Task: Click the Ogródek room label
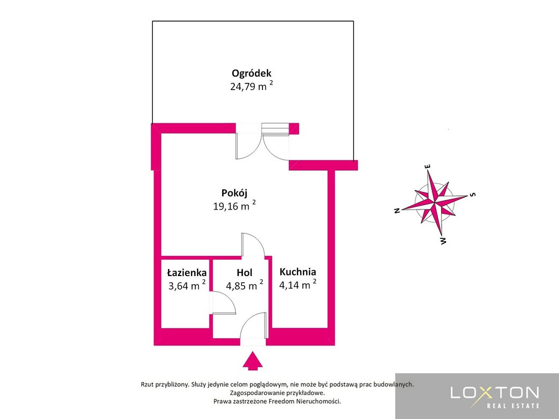251,74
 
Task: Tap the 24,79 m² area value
252,86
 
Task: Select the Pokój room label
234,193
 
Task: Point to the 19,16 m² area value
234,206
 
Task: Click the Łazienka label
187,273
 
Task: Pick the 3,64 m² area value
187,285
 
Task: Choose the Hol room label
245,273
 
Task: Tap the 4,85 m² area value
245,285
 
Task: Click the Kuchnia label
298,272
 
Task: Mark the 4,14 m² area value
298,284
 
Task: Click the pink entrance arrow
253,361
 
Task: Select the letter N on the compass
397,211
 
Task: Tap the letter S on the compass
473,195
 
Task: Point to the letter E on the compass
428,166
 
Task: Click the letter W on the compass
443,241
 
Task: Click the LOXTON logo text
495,393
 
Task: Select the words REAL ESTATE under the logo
513,405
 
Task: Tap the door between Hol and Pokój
253,244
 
